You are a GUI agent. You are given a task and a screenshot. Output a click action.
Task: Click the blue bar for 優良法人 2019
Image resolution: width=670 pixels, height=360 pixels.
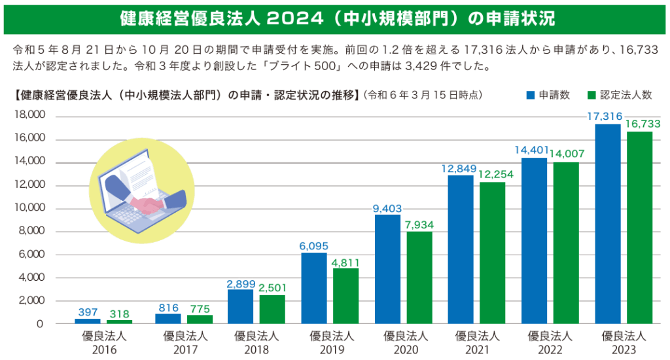(x=314, y=288)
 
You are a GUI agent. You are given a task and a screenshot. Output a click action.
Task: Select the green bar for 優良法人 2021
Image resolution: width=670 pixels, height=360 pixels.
(x=492, y=253)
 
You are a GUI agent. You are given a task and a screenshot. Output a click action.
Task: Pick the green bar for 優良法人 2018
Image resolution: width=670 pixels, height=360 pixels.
(x=272, y=309)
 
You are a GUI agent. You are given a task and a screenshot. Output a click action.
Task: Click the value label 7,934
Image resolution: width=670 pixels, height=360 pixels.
(x=419, y=225)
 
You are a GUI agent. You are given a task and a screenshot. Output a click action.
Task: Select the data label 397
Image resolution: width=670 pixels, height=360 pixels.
(x=87, y=312)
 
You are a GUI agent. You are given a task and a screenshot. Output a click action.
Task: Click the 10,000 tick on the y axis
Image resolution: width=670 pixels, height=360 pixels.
(x=28, y=208)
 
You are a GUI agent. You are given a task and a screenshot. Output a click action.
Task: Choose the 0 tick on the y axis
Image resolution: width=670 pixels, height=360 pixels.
(x=40, y=324)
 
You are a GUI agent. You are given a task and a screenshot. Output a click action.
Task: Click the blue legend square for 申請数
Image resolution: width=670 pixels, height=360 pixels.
(x=531, y=95)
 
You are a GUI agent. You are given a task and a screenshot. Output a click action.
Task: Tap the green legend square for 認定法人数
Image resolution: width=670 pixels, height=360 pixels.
(x=592, y=95)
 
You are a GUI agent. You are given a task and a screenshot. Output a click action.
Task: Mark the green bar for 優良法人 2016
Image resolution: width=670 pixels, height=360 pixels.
(x=119, y=321)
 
